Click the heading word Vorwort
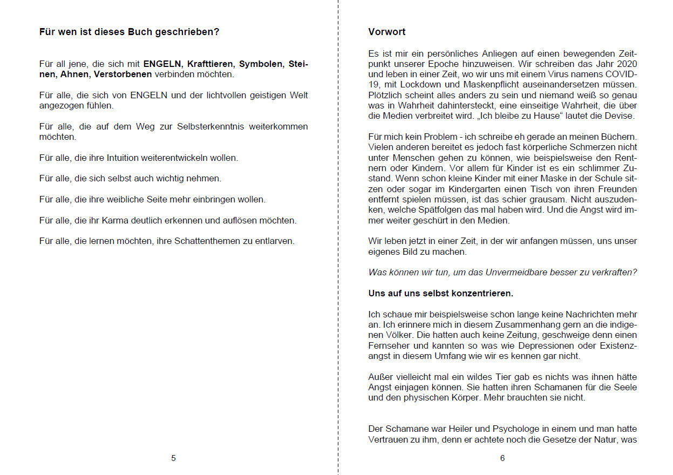387,32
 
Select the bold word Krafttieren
210,64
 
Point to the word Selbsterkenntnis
196,127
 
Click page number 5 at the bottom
173,458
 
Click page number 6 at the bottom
502,458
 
